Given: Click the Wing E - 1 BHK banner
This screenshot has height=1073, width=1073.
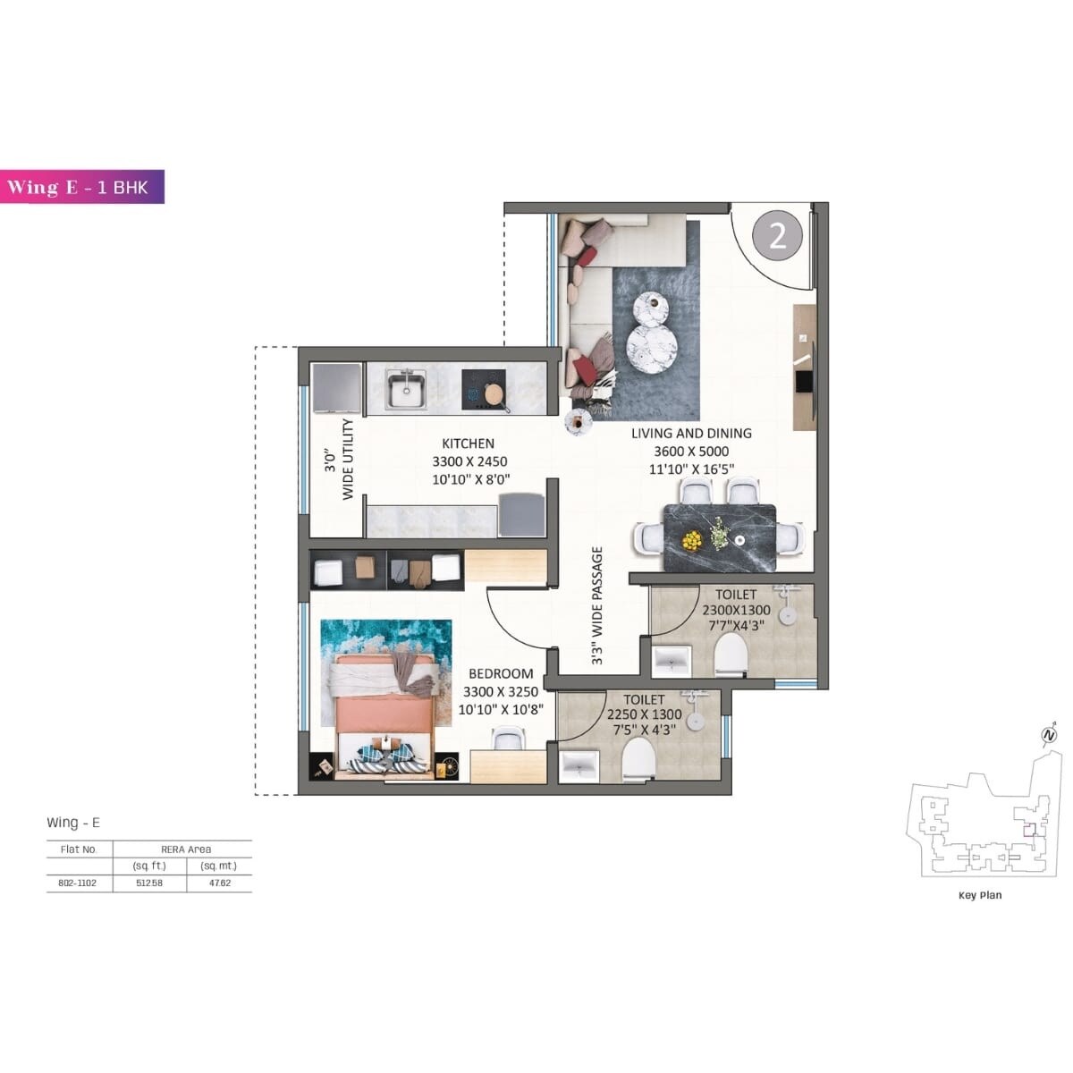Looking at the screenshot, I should pyautogui.click(x=82, y=187).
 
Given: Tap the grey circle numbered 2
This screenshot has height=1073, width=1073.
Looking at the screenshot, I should pyautogui.click(x=777, y=236).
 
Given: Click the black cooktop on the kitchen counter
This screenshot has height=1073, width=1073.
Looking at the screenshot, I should pyautogui.click(x=484, y=390).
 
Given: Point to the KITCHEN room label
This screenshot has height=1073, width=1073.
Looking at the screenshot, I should pyautogui.click(x=468, y=444).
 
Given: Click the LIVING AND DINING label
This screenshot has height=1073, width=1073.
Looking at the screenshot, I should pyautogui.click(x=691, y=434).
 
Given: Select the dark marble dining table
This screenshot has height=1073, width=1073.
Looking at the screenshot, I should pyautogui.click(x=720, y=538).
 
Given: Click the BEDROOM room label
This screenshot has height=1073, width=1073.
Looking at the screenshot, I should pyautogui.click(x=501, y=673).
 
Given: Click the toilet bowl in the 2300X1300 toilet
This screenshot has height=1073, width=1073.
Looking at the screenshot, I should pyautogui.click(x=731, y=655).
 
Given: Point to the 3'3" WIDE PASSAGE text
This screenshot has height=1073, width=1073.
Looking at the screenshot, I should pyautogui.click(x=597, y=606).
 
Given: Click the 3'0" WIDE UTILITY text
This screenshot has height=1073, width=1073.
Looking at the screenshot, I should pyautogui.click(x=340, y=459).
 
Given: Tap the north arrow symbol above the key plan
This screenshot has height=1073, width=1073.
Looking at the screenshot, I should pyautogui.click(x=1047, y=736).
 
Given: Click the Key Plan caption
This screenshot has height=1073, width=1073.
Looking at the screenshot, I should pyautogui.click(x=980, y=895).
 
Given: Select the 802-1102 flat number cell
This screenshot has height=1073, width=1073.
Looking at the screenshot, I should pyautogui.click(x=79, y=883).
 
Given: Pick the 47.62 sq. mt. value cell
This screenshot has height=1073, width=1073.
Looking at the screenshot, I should pyautogui.click(x=219, y=883).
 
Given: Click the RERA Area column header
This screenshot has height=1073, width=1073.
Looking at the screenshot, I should pyautogui.click(x=186, y=849).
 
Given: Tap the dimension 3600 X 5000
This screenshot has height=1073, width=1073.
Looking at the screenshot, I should pyautogui.click(x=691, y=452).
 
